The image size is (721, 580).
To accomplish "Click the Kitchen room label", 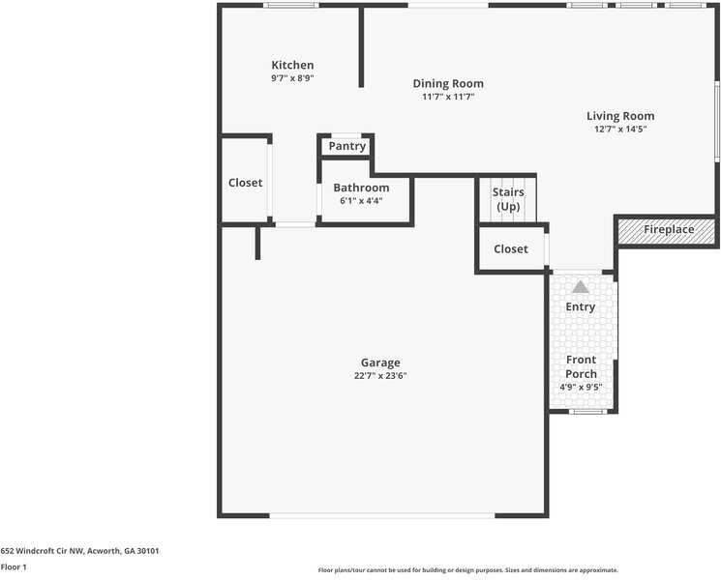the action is (x=292, y=65).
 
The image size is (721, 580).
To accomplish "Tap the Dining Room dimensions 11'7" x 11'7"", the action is (x=448, y=97).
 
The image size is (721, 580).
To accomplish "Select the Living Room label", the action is (x=620, y=117).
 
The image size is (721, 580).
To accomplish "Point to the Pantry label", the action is (x=347, y=147).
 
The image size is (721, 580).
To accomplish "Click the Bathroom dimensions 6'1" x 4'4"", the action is (x=361, y=201).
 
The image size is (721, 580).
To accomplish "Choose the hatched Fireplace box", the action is (x=666, y=231).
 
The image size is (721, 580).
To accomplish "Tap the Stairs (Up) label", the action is (x=508, y=199).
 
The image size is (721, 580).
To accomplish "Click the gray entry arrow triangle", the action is (x=581, y=287).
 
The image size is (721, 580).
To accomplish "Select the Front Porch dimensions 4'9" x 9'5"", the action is (x=581, y=387).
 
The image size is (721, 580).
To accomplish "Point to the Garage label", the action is (x=380, y=363).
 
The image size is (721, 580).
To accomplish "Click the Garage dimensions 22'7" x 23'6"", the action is (x=380, y=376).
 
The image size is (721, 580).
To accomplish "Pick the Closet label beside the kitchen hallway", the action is (x=246, y=183).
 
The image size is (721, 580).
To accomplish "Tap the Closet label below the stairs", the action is (x=511, y=248).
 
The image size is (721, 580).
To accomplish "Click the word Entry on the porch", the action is (x=581, y=306).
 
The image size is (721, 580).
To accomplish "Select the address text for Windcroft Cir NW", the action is (x=79, y=551).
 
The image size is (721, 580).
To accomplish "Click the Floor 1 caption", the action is (x=14, y=567).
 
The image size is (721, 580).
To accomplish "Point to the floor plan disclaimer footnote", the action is (x=468, y=570).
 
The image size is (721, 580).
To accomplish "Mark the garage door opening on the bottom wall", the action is (x=382, y=515).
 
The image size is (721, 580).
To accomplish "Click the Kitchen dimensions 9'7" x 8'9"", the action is (x=292, y=78).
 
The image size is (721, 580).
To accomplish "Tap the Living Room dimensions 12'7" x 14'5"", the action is (x=620, y=129).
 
